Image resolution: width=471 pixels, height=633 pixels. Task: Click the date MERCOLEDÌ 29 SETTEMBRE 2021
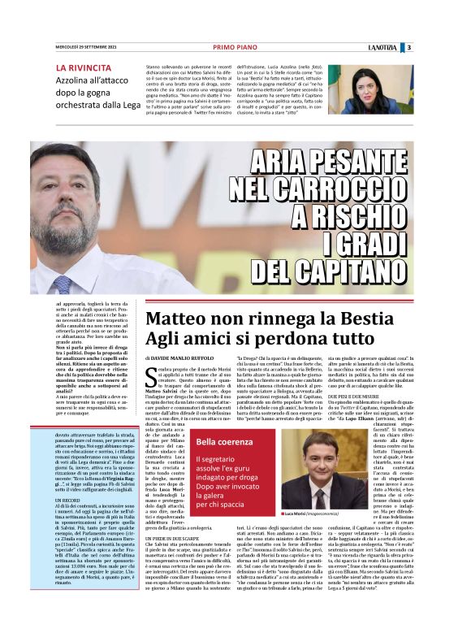(x=86, y=46)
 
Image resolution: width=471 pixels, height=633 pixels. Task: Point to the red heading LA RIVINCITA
(x=84, y=67)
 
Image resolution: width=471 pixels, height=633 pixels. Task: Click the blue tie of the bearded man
(x=63, y=284)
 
